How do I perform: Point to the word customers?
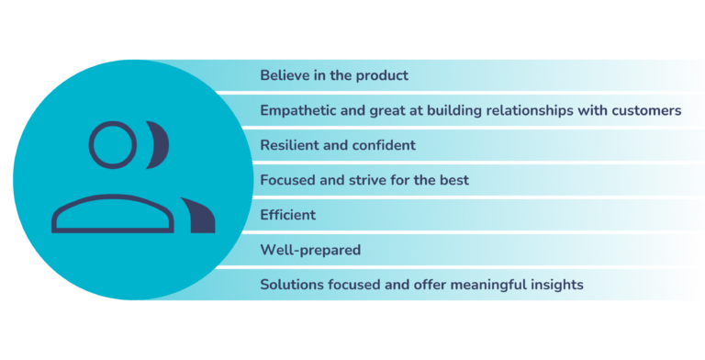(646, 110)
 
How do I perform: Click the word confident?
(385, 145)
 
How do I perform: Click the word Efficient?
(288, 215)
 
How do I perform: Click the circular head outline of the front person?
(113, 145)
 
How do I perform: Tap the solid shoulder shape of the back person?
(199, 216)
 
